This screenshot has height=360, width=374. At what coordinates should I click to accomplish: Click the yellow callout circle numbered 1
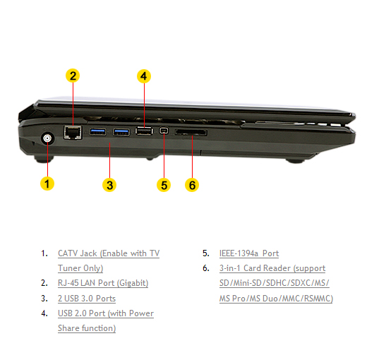click(x=47, y=184)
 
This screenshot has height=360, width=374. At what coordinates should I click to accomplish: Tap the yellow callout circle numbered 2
click(x=73, y=76)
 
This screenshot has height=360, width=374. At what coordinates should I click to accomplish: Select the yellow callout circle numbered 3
click(x=109, y=185)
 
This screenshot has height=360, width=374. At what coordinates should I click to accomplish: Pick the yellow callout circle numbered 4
click(x=144, y=76)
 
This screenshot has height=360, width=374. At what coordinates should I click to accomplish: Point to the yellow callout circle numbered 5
click(x=164, y=185)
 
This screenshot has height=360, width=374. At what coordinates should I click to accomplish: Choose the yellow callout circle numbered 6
click(x=192, y=185)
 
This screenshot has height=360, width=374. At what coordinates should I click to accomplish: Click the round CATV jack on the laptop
click(x=47, y=138)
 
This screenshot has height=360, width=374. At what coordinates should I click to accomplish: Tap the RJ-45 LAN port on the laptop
click(x=73, y=132)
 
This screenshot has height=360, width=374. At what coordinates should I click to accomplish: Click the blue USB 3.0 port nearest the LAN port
click(x=98, y=131)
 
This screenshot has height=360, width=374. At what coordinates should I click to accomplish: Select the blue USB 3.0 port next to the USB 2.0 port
click(x=121, y=132)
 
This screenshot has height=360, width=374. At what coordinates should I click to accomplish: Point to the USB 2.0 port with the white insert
click(x=144, y=131)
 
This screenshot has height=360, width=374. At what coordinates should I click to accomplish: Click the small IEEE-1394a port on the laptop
click(x=164, y=131)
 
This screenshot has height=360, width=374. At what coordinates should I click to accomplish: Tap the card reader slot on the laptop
click(x=191, y=132)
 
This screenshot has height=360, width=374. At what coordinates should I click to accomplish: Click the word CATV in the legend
click(x=68, y=253)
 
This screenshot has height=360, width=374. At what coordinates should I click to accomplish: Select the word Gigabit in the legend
click(x=133, y=283)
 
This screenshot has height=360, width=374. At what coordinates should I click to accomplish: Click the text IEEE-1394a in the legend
click(x=239, y=253)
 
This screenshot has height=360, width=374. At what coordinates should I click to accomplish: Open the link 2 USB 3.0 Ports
click(x=87, y=299)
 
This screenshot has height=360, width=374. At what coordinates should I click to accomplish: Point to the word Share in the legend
click(x=68, y=328)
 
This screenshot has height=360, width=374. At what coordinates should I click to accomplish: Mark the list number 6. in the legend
click(x=206, y=268)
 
